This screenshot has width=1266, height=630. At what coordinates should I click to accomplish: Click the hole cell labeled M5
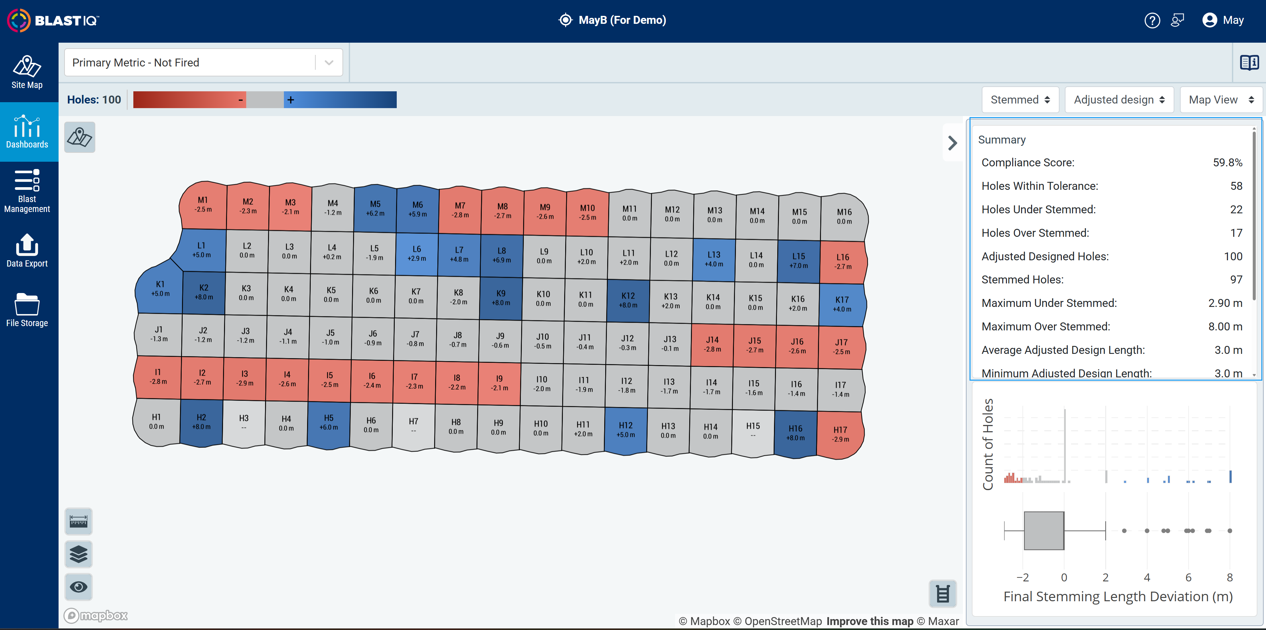[375, 208]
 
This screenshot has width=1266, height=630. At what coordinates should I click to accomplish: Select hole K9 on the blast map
[501, 298]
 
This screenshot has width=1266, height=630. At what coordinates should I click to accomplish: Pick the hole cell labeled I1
[158, 377]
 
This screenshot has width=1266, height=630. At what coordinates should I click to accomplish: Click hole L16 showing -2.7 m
[843, 262]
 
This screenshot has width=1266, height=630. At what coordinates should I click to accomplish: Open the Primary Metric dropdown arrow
[329, 63]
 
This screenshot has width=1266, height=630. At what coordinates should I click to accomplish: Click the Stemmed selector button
[1020, 100]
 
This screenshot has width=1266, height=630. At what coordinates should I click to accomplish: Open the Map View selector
[1221, 100]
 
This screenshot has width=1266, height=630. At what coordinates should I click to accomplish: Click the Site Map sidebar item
[27, 72]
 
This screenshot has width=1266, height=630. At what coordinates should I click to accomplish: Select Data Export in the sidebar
[27, 250]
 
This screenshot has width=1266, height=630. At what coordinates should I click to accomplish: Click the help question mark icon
[1152, 20]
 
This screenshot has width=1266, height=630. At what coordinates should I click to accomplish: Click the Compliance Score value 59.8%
[1227, 162]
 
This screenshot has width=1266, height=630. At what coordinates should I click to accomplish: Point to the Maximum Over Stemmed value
[1225, 326]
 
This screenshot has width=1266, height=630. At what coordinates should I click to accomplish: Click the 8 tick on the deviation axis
[1230, 577]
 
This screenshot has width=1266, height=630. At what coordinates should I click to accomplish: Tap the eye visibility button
[79, 587]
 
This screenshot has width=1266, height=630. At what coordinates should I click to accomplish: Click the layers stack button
[79, 554]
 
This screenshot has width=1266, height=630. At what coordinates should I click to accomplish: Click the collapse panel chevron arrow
[952, 143]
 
